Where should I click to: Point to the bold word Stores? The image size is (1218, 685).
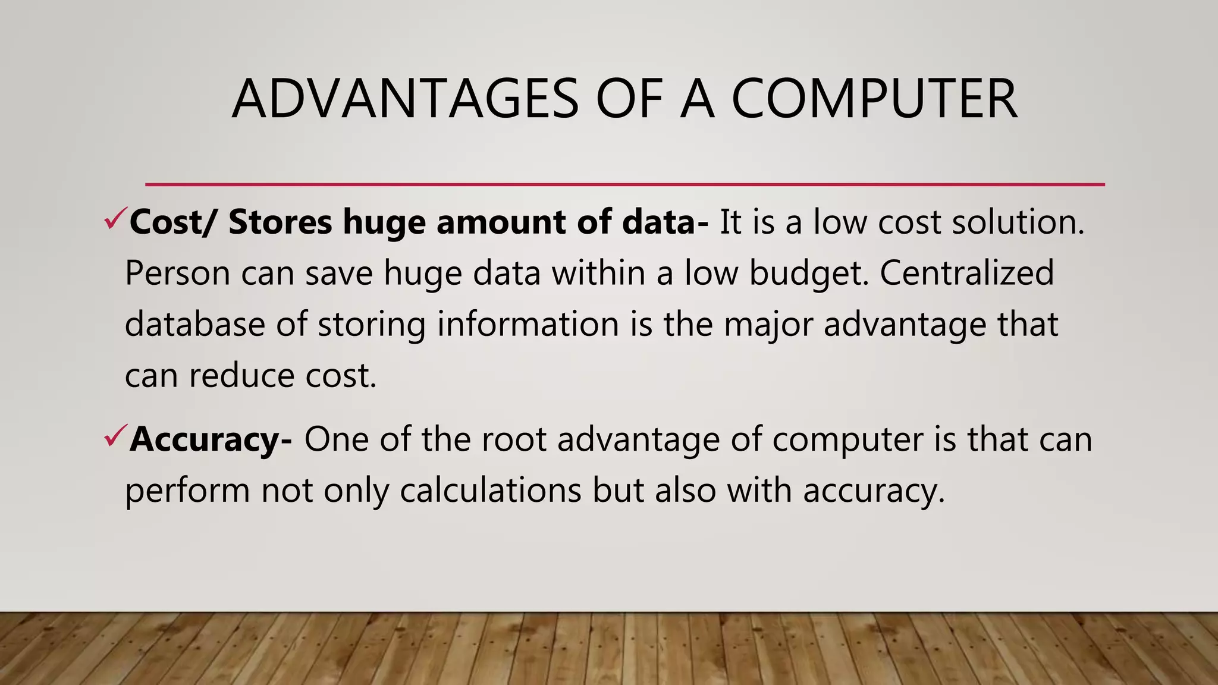(x=280, y=222)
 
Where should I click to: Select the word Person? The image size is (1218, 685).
(x=177, y=273)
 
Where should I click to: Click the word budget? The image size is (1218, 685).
(x=808, y=274)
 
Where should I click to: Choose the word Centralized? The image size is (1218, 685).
(x=966, y=273)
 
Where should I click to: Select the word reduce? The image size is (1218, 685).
(x=241, y=376)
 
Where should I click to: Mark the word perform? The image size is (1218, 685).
(x=187, y=492)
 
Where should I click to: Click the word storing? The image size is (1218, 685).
(x=371, y=325)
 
